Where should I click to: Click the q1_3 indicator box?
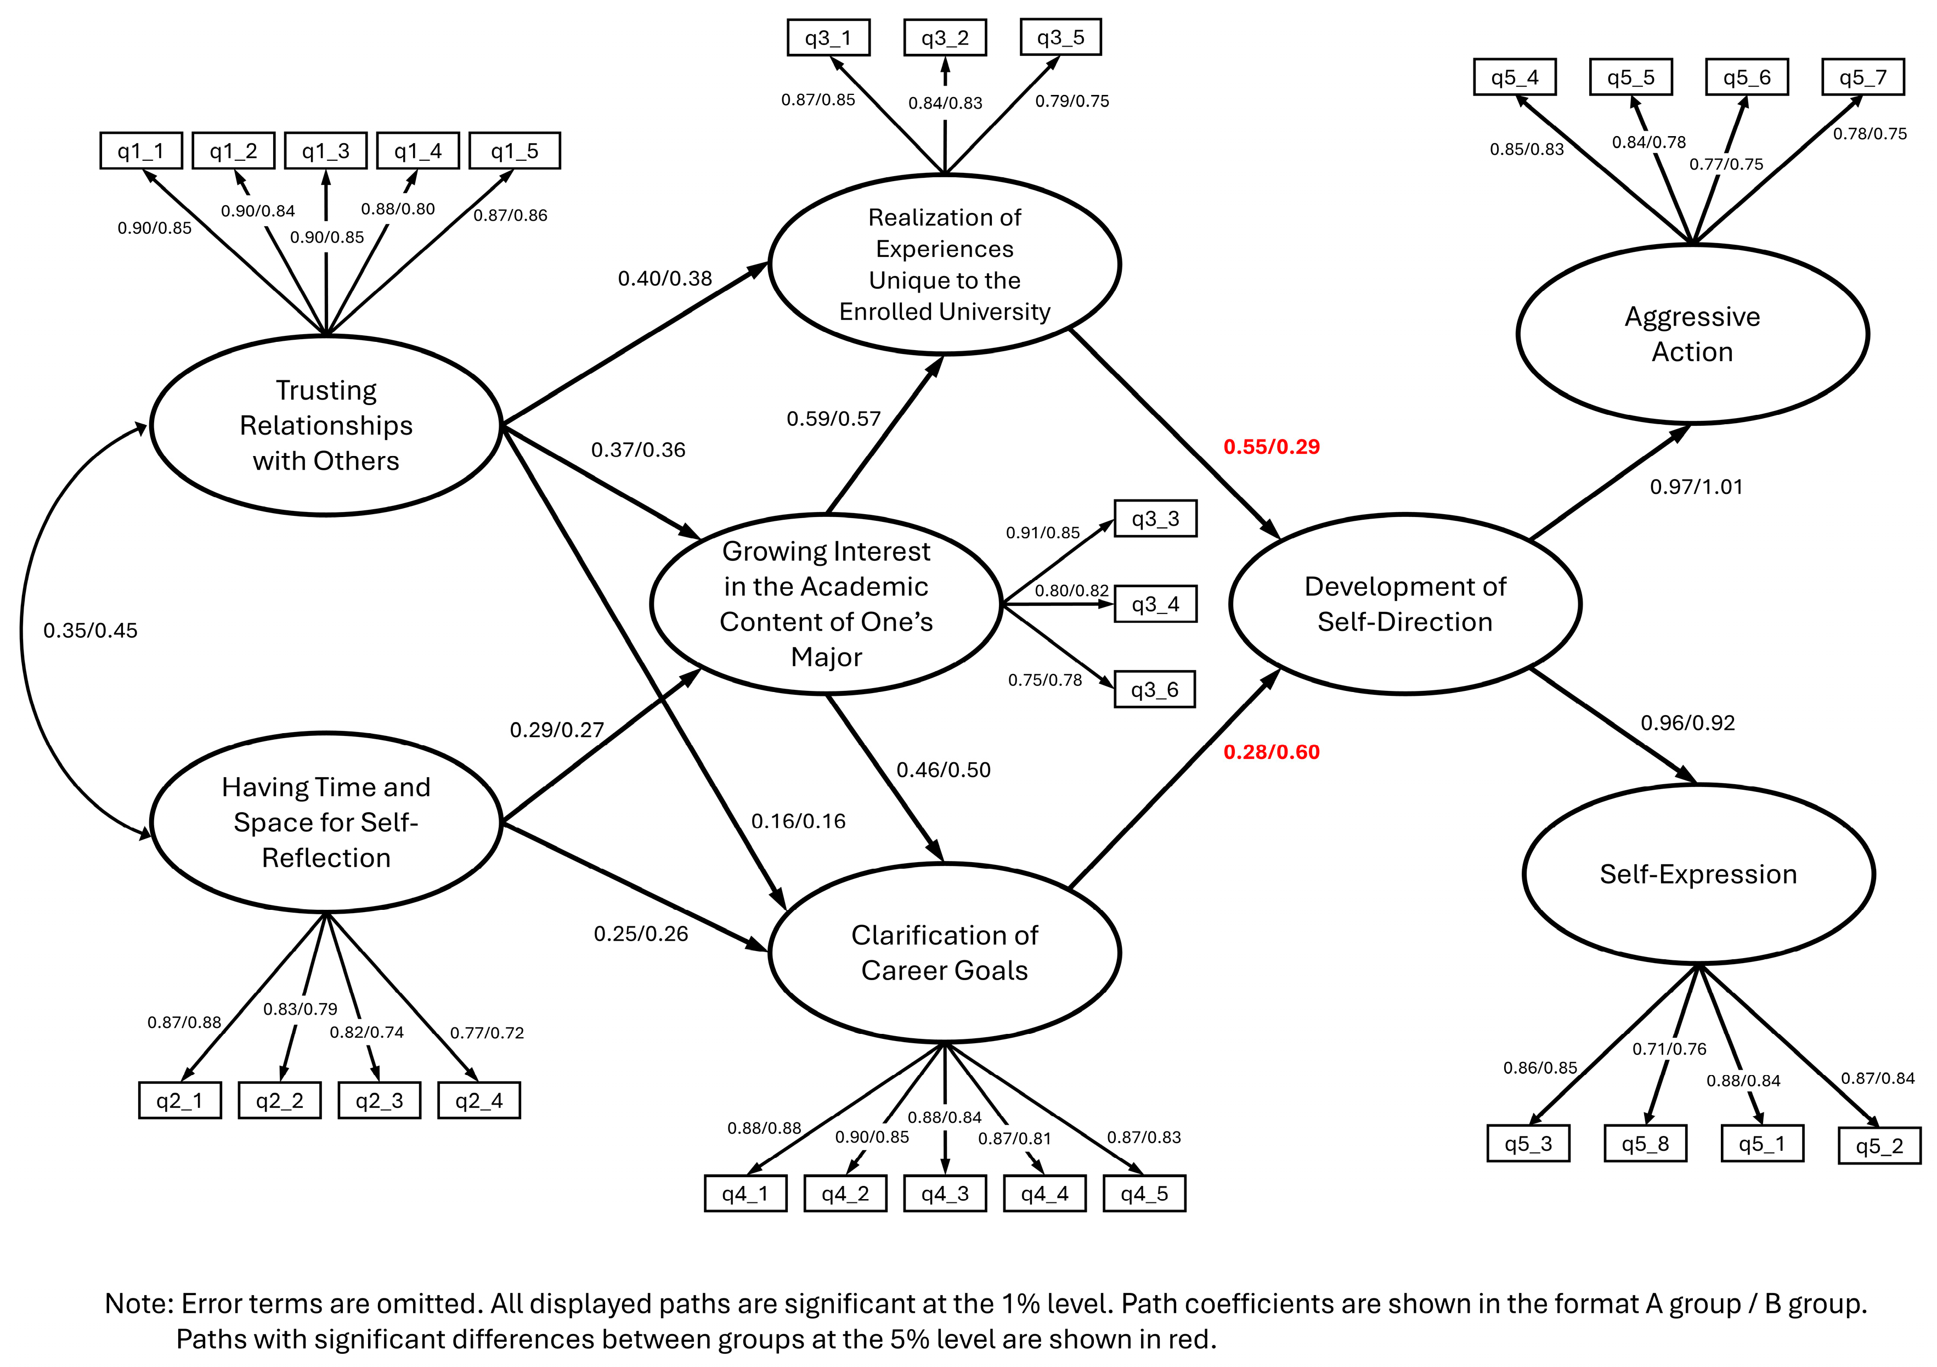pyautogui.click(x=326, y=151)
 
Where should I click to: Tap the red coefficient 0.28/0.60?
pyautogui.click(x=1272, y=752)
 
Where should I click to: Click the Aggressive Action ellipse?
pyautogui.click(x=1692, y=334)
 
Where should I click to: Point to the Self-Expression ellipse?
pyautogui.click(x=1698, y=874)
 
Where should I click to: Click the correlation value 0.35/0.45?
pyautogui.click(x=91, y=631)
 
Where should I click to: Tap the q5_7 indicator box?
pyautogui.click(x=1863, y=77)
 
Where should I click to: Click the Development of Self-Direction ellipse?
pyautogui.click(x=1405, y=604)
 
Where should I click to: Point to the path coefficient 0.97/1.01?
pyautogui.click(x=1696, y=487)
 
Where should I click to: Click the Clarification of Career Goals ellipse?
pyautogui.click(x=944, y=953)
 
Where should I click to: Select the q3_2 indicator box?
pyautogui.click(x=945, y=38)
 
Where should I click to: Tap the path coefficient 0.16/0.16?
pyautogui.click(x=798, y=821)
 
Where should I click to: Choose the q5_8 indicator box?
pyautogui.click(x=1645, y=1144)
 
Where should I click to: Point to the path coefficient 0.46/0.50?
pyautogui.click(x=943, y=769)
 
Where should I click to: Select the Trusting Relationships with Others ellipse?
pyautogui.click(x=326, y=425)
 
